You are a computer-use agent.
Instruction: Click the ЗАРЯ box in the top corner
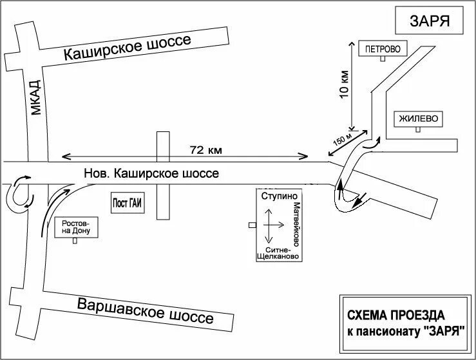pos(428,21)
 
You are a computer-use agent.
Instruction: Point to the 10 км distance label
pos(345,84)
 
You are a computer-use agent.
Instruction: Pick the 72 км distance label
pos(205,150)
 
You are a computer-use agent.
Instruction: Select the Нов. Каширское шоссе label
pos(152,173)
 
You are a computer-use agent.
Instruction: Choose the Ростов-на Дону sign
pos(75,227)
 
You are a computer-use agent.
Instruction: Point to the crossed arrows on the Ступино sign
pos(271,225)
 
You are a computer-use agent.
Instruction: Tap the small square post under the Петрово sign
pos(382,59)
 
